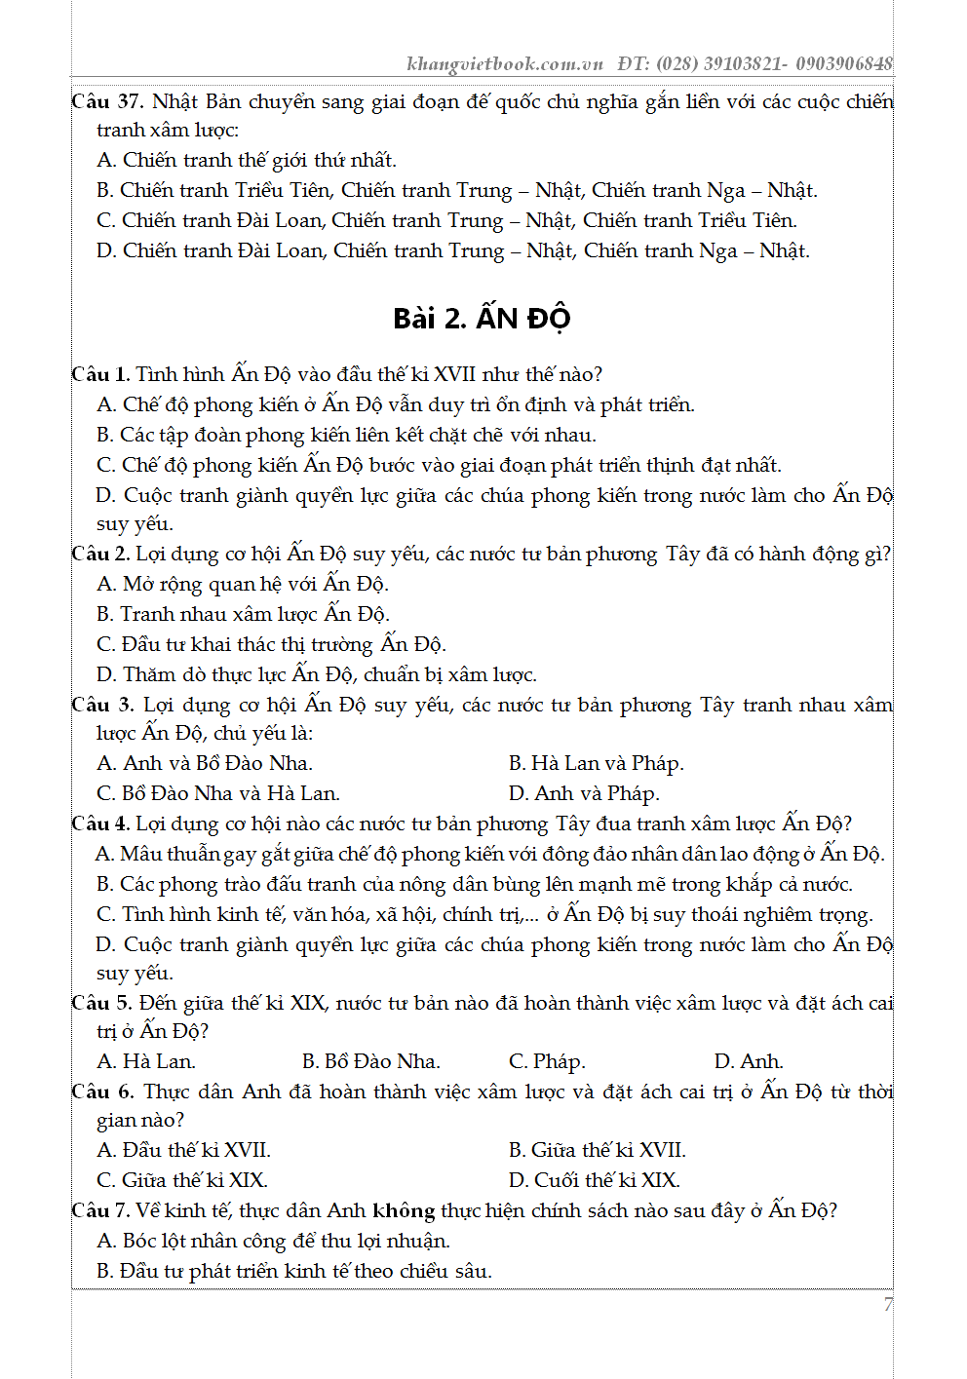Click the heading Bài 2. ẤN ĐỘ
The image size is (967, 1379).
tap(482, 319)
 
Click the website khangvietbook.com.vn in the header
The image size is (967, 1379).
tap(504, 64)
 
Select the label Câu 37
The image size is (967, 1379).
tap(107, 101)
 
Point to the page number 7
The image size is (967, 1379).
tap(887, 1304)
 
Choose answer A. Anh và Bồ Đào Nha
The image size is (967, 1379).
tap(205, 763)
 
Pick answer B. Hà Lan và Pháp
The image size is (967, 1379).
tap(597, 763)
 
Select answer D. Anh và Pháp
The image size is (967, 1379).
tap(584, 793)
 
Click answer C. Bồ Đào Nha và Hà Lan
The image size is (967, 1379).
tap(218, 793)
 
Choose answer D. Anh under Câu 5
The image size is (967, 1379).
tap(749, 1061)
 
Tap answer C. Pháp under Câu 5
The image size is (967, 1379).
tap(547, 1061)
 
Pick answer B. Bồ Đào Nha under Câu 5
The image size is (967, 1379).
tap(371, 1061)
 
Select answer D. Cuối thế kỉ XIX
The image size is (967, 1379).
tap(595, 1180)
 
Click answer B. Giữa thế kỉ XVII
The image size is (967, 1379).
tap(598, 1150)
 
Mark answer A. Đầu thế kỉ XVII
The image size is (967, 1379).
tap(184, 1150)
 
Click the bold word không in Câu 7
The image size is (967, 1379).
tap(404, 1210)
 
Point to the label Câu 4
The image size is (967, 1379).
tap(100, 824)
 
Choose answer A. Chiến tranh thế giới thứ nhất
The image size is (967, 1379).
tap(247, 160)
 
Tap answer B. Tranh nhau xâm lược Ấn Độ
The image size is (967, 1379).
tap(243, 614)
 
